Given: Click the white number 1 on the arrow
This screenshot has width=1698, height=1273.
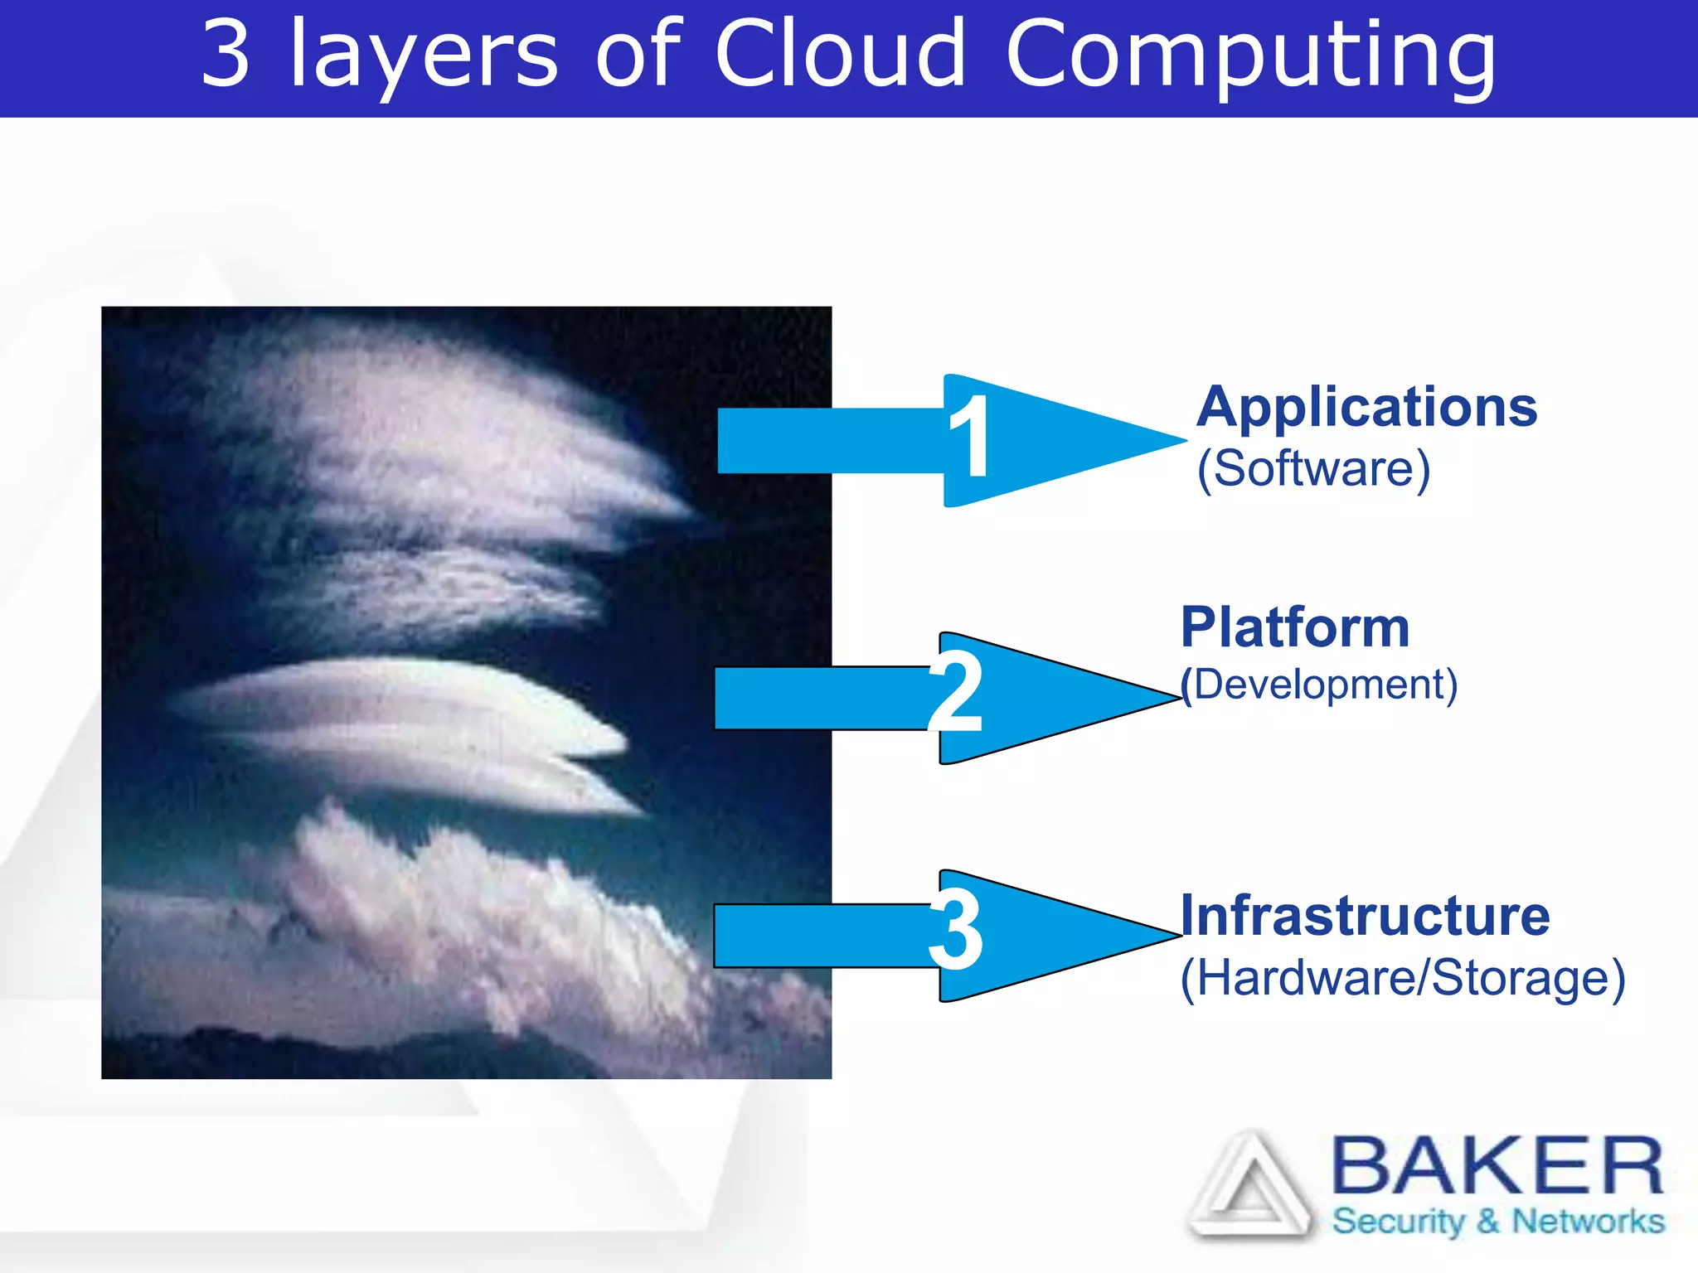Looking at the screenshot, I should click(969, 436).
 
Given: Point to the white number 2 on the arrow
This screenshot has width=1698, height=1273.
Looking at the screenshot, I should click(955, 691).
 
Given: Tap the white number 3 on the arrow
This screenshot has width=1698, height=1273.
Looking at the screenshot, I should click(955, 930).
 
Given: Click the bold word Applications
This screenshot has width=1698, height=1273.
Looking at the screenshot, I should click(1366, 408).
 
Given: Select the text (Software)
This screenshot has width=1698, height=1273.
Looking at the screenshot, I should click(1313, 469).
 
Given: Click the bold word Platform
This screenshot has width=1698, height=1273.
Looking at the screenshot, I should click(1295, 627).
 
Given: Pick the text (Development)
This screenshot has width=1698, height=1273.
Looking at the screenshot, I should click(1318, 685).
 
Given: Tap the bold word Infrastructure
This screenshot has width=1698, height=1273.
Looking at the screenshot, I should click(1365, 916).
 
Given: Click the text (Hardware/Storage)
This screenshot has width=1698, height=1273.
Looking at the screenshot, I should click(1402, 978).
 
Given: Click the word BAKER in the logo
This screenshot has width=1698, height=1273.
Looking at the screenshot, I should click(1497, 1166).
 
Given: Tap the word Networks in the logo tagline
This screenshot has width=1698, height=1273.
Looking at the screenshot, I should click(1588, 1222).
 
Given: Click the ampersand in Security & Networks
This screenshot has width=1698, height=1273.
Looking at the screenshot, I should click(1488, 1222).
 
